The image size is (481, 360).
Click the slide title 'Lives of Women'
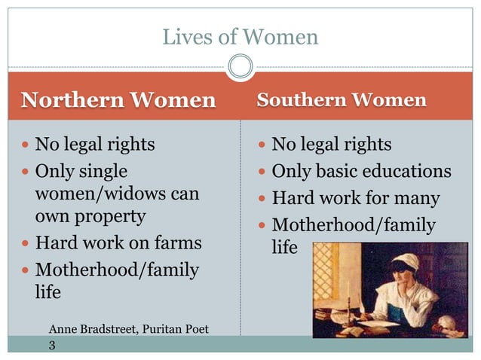coord(240,37)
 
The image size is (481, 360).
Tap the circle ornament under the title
coord(240,68)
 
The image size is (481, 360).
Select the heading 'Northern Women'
coord(118,99)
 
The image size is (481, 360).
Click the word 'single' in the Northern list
coord(102,171)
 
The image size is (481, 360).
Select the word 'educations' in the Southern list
coord(408,171)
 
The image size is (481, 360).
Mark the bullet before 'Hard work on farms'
coord(25,244)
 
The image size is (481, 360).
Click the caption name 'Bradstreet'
coord(112,329)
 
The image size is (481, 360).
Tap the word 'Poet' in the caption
coord(195,329)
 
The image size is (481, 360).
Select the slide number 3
coord(52,345)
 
